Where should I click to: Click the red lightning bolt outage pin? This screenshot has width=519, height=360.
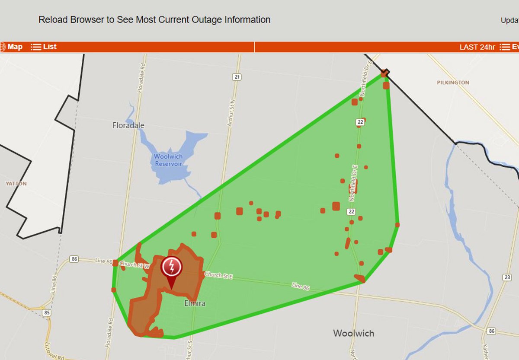coord(171,268)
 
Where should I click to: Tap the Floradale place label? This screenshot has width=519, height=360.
coord(128,125)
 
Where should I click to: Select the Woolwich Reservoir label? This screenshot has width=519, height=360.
coord(169,160)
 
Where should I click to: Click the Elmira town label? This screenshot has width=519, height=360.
coord(195,303)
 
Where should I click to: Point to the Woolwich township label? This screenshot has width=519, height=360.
coord(353,333)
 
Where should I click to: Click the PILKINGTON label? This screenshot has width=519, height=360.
coord(453,82)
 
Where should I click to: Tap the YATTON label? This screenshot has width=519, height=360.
coord(16,184)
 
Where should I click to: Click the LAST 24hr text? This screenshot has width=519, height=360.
coord(477,47)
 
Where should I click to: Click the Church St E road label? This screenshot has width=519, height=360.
coord(218,275)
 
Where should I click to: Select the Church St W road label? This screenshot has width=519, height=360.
coord(134,265)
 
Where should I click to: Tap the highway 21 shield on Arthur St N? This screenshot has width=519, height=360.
coord(236,77)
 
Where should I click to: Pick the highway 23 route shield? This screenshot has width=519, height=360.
coord(507,277)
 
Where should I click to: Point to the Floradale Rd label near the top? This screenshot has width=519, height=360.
coord(140,78)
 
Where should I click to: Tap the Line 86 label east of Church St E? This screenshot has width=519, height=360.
coord(300,286)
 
